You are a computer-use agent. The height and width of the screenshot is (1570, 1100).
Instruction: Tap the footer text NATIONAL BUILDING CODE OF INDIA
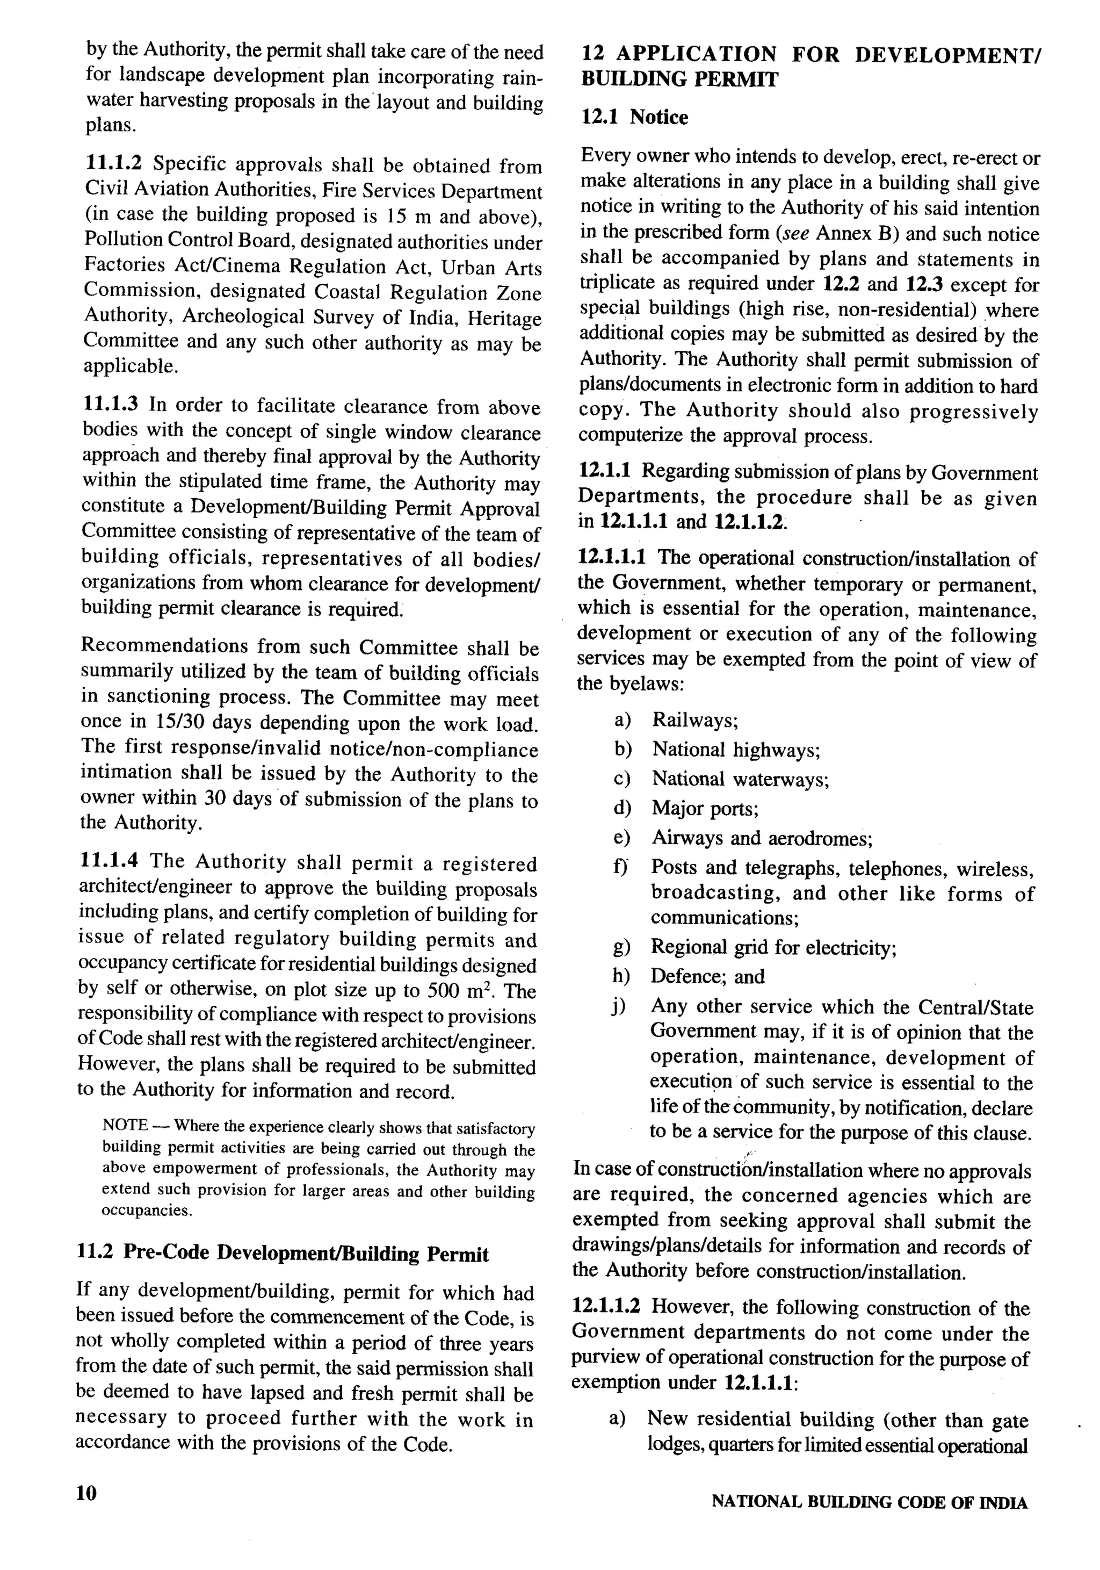870,1502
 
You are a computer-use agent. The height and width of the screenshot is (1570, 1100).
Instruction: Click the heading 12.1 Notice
634,118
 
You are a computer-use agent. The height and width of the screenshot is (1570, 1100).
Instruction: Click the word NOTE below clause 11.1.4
125,1125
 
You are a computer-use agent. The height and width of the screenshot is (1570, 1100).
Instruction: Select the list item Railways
694,719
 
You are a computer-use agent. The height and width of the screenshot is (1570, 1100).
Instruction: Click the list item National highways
736,750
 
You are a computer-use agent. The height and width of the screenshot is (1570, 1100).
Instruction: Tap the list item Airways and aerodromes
762,838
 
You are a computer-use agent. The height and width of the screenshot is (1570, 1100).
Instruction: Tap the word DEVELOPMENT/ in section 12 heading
947,55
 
